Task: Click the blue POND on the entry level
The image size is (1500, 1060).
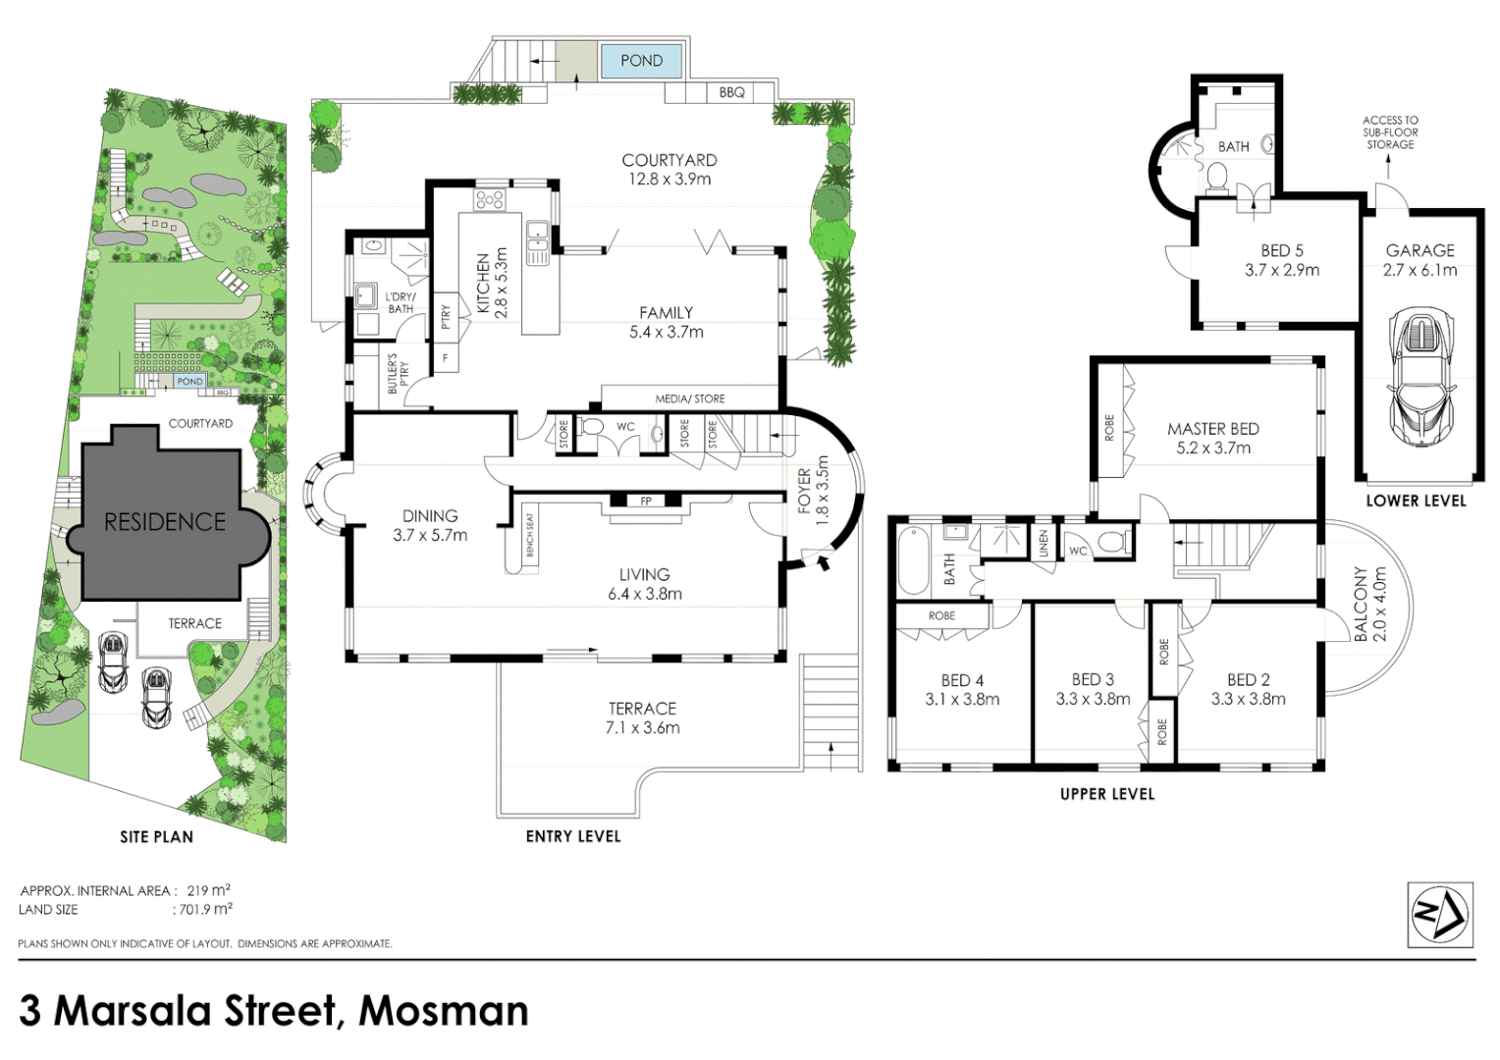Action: pyautogui.click(x=641, y=60)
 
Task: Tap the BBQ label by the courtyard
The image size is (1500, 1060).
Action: pyautogui.click(x=731, y=93)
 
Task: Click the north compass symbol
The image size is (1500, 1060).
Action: pyautogui.click(x=1440, y=914)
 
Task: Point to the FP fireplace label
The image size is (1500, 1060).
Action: pyautogui.click(x=646, y=501)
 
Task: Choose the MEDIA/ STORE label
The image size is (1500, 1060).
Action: pyautogui.click(x=690, y=399)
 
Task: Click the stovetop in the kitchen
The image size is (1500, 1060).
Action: pyautogui.click(x=490, y=199)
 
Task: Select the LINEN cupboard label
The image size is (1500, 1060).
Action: pyautogui.click(x=1044, y=540)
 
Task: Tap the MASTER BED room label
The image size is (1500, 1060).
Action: pyautogui.click(x=1213, y=429)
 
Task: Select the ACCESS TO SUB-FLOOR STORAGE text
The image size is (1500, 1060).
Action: pyautogui.click(x=1390, y=132)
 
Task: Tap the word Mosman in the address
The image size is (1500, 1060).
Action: pyautogui.click(x=444, y=1011)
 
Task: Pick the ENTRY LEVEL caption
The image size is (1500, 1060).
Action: pyautogui.click(x=573, y=836)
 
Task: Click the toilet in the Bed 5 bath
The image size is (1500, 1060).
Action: pyautogui.click(x=1214, y=178)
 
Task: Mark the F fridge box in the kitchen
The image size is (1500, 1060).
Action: pyautogui.click(x=446, y=358)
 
